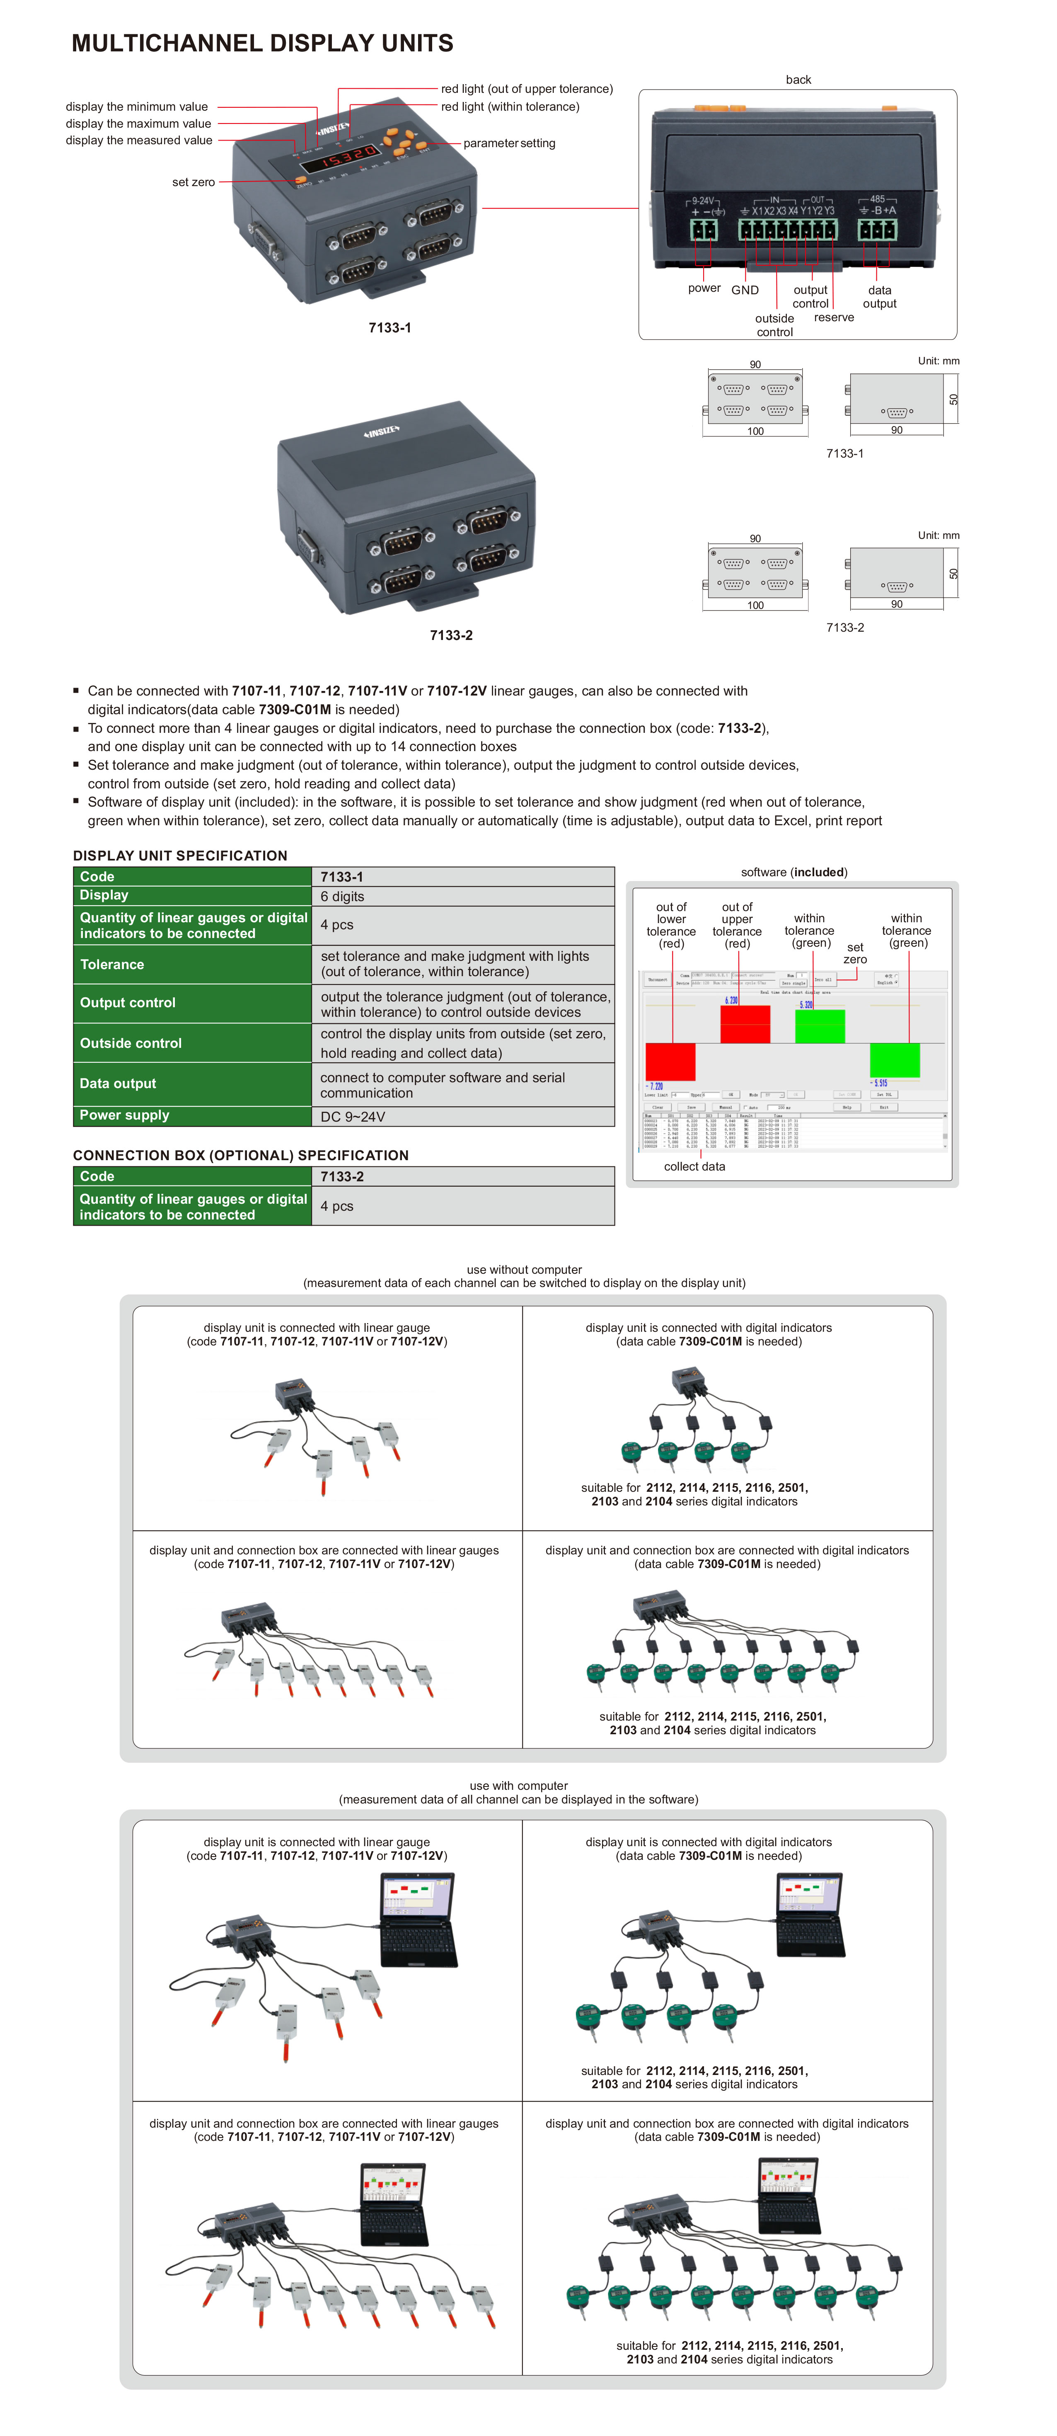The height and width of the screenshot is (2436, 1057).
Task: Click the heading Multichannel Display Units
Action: pos(262,44)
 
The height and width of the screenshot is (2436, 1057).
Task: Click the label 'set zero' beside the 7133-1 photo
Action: pos(193,182)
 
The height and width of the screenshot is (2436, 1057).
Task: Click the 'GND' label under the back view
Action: pos(745,290)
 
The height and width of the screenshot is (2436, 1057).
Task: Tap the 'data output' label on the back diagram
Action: pos(879,297)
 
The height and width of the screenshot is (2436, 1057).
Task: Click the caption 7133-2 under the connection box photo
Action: pos(451,635)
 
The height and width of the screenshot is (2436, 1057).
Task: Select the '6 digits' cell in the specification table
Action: pos(342,897)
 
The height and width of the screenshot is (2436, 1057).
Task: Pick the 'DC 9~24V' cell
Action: pos(353,1117)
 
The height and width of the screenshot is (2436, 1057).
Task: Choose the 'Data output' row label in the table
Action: pos(118,1084)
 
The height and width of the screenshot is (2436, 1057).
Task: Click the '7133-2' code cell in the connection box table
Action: pos(342,1176)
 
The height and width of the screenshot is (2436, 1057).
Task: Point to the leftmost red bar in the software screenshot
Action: pos(670,1061)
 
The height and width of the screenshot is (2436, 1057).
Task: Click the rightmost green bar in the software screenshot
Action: pos(895,1060)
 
